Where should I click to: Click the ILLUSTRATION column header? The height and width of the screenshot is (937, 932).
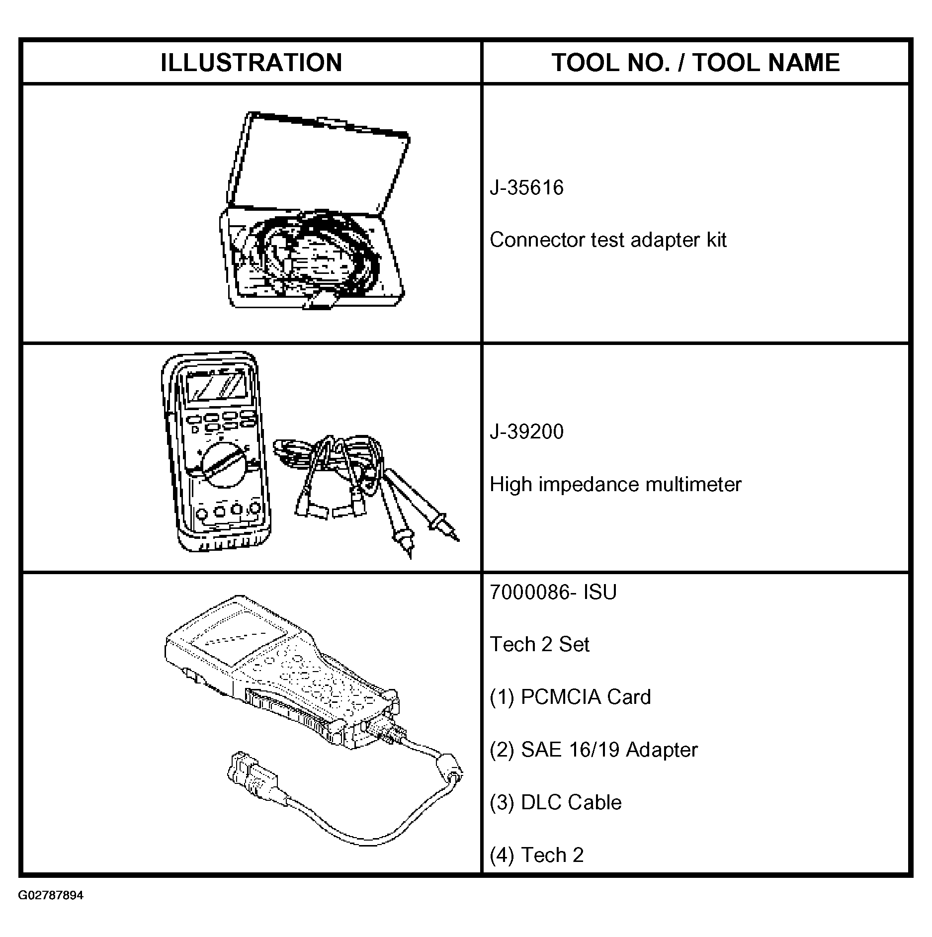click(251, 63)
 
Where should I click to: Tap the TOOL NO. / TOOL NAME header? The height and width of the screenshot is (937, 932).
click(695, 63)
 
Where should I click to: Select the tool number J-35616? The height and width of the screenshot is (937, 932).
click(526, 188)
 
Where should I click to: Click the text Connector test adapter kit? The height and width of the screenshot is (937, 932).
click(607, 240)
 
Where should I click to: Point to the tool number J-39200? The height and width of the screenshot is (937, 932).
click(526, 431)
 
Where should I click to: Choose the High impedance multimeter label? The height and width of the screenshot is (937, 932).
click(615, 484)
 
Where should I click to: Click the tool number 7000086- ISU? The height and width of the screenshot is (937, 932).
click(553, 592)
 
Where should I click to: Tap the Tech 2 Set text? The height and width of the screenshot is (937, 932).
click(539, 644)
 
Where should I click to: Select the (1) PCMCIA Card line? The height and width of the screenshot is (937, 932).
click(570, 697)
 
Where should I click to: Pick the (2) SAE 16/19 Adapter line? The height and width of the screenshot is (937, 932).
click(593, 750)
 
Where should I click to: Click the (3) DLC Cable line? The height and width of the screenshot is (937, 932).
click(555, 802)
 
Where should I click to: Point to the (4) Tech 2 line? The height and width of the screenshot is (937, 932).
click(536, 855)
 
